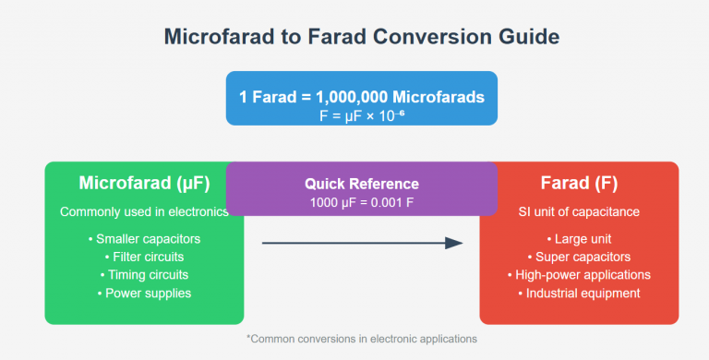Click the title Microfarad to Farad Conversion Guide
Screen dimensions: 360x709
(x=362, y=39)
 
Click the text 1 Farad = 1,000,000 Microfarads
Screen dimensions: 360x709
(x=362, y=97)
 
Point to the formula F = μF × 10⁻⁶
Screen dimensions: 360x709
(x=362, y=116)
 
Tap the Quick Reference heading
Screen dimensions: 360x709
(x=362, y=184)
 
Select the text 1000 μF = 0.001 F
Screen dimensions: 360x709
(x=362, y=202)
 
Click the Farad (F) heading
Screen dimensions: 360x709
(x=579, y=183)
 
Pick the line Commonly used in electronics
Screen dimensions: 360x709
(x=144, y=211)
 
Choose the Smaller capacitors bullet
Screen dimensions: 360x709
(x=144, y=239)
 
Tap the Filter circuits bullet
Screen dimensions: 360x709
(x=144, y=257)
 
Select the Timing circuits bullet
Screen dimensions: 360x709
(x=144, y=275)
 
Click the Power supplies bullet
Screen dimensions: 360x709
(x=144, y=294)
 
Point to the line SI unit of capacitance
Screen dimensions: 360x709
(x=579, y=211)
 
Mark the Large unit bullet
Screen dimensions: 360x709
(x=579, y=239)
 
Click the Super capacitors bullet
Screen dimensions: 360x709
(x=579, y=257)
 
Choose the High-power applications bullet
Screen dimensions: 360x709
(x=579, y=275)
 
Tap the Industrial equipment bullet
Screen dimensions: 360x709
(x=579, y=294)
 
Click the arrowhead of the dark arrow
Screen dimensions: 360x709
(x=454, y=243)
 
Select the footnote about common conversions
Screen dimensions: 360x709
(x=362, y=339)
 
